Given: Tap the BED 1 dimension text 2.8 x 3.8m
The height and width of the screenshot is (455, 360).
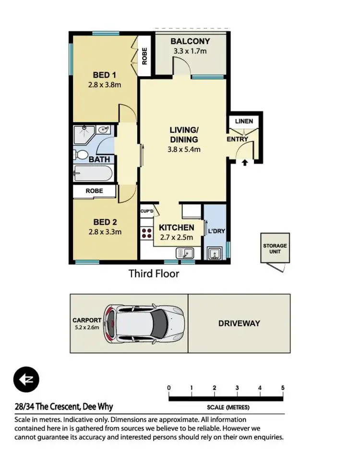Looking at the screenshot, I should tap(104, 85).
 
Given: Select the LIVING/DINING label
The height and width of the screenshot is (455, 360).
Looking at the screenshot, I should tap(184, 135).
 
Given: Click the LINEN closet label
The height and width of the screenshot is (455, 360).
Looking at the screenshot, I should tap(244, 121).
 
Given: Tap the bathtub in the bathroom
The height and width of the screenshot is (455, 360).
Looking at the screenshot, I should tap(93, 172).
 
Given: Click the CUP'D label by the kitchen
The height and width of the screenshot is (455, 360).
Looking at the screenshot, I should tap(147, 211).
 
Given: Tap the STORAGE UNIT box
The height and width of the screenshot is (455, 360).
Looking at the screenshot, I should tap(275, 249).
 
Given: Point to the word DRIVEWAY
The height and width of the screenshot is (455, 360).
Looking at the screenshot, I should tap(239, 323).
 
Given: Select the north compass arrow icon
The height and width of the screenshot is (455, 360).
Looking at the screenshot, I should tap(26, 380).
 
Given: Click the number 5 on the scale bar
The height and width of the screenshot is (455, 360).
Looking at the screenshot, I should tap(283, 388).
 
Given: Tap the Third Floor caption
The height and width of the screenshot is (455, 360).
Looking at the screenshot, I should tap(154, 274).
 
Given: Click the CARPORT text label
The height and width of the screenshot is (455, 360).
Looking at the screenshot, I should tap(87, 320).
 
